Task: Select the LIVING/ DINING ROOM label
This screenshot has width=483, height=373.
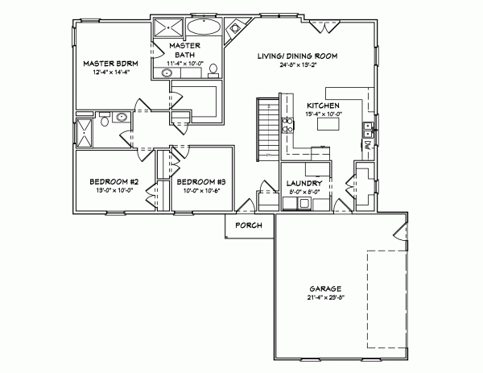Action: [x=297, y=56]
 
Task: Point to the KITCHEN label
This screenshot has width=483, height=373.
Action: [x=322, y=106]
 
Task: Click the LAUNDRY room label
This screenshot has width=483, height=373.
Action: [x=304, y=184]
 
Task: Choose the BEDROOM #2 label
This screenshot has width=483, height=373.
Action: [x=114, y=182]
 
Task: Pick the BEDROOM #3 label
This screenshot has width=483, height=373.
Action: [x=200, y=182]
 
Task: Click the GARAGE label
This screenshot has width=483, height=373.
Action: [x=325, y=288]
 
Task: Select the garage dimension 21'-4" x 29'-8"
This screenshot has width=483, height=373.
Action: [x=325, y=297]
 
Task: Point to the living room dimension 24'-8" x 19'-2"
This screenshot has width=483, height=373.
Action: [x=297, y=65]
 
